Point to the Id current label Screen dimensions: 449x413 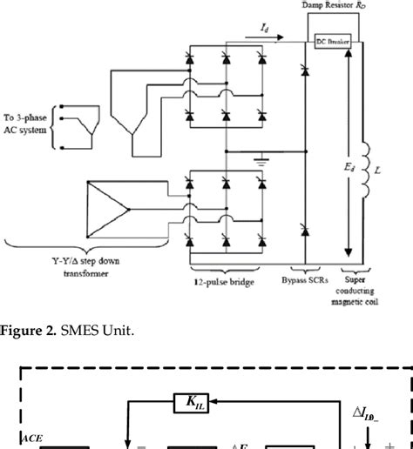pos(264,28)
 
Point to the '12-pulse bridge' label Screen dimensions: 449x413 pos(223,282)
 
